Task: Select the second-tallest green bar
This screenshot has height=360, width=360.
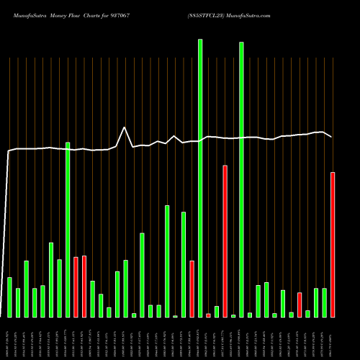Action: pos(241,180)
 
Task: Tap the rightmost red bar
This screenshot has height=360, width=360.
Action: pos(333,245)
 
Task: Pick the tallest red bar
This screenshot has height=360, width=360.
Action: pos(225,241)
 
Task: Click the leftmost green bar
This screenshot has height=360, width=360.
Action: pos(9,297)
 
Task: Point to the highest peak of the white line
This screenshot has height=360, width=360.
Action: pos(125,127)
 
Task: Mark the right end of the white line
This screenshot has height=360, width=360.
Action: pos(332,137)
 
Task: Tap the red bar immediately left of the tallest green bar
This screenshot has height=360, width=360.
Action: pos(192,289)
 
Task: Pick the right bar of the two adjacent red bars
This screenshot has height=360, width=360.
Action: pos(84,286)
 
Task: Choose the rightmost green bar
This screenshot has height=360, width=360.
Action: pos(324,302)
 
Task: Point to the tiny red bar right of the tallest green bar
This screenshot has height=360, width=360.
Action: pos(208,315)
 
